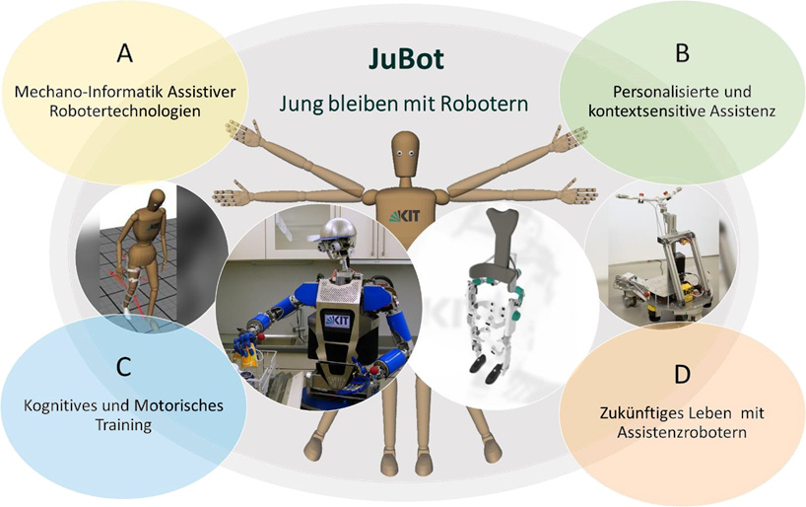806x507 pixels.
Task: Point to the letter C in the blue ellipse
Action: click(x=122, y=367)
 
